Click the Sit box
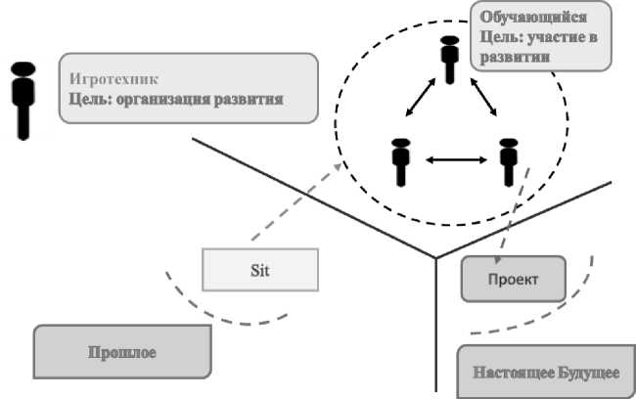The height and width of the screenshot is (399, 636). tap(260, 271)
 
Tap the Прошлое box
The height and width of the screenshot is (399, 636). tap(122, 352)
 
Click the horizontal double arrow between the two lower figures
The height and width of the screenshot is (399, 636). tap(453, 158)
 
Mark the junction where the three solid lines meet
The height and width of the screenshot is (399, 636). tap(435, 258)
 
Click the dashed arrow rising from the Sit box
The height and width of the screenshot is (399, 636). tap(293, 208)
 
